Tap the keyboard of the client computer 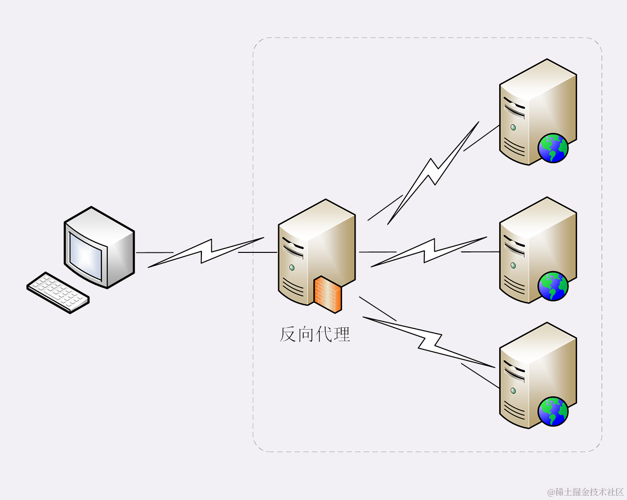(58, 292)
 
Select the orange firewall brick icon (328, 293)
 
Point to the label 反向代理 (315, 334)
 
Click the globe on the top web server (553, 148)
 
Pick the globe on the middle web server (553, 286)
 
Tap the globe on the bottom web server (553, 411)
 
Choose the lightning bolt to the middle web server (429, 251)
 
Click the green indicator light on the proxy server (292, 267)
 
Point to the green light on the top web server (513, 127)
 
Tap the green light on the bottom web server (513, 391)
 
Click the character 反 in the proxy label (288, 334)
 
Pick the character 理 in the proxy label (342, 334)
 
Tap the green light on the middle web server (513, 265)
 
